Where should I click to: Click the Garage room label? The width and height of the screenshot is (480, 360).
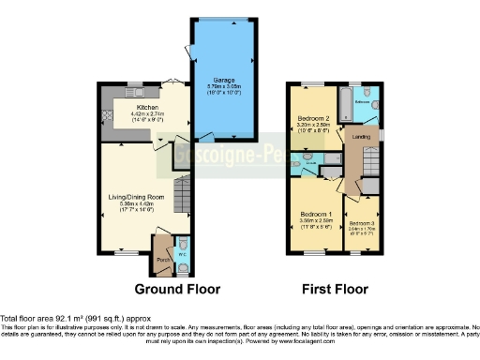(221, 56)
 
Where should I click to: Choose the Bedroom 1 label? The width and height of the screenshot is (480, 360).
(313, 213)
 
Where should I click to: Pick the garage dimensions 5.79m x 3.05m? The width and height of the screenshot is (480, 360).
(221, 62)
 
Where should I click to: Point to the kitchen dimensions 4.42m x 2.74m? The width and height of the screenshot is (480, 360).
(123, 113)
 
